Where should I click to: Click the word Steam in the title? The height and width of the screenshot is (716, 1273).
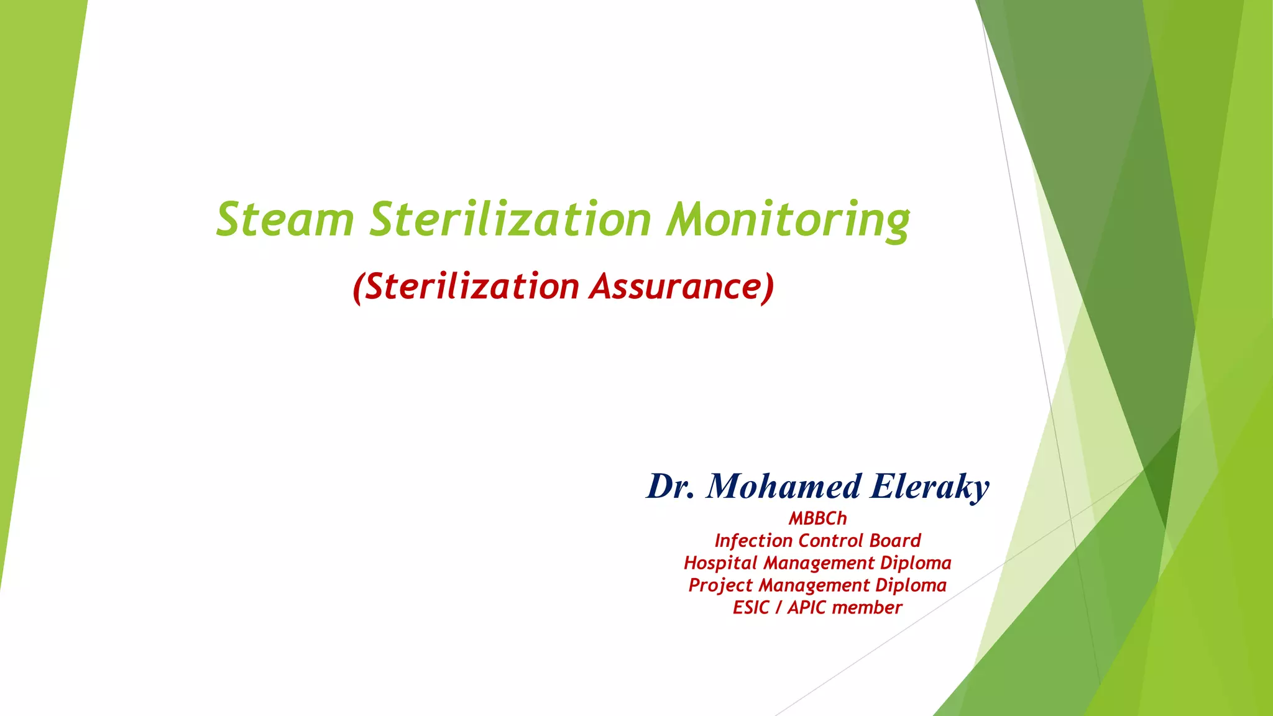285,219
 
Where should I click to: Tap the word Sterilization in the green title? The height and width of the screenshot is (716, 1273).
510,219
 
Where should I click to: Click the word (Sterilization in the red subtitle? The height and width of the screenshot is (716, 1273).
466,287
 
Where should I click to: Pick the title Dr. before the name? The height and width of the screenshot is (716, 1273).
670,486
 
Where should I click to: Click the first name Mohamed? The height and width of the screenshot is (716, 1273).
784,486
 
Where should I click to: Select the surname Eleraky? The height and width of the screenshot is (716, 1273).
929,487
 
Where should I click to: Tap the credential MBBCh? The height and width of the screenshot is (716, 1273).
817,518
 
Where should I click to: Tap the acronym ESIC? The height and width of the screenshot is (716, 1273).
751,608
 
